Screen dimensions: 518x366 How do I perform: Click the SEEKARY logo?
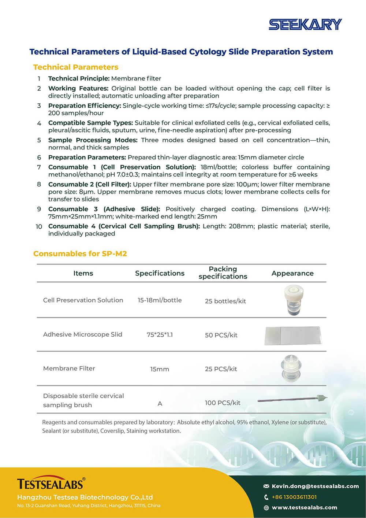(x=305, y=25)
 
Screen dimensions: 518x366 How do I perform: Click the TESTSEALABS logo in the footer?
(x=51, y=484)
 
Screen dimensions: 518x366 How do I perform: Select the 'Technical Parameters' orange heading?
(x=76, y=67)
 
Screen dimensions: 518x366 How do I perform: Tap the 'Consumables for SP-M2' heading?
(x=80, y=254)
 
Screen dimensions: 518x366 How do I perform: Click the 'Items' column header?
(x=83, y=273)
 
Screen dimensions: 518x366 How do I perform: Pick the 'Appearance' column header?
(x=292, y=273)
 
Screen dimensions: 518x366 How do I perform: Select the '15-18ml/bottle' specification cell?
(x=160, y=300)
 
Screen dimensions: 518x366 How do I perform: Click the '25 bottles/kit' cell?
(x=225, y=301)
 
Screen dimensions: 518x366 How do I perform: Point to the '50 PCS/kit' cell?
(x=221, y=335)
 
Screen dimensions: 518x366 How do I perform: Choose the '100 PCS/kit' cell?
(x=223, y=403)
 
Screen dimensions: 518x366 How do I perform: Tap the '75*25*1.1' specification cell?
(x=160, y=335)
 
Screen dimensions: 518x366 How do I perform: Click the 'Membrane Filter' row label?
(x=69, y=369)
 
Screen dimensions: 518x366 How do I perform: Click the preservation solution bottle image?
(x=294, y=300)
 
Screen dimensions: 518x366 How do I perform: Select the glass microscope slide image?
(x=293, y=336)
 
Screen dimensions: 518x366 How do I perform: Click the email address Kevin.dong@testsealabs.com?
(x=315, y=486)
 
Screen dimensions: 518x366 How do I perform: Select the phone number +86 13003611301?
(x=294, y=497)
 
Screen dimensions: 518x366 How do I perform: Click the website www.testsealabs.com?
(x=305, y=508)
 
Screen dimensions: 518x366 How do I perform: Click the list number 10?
(x=39, y=227)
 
